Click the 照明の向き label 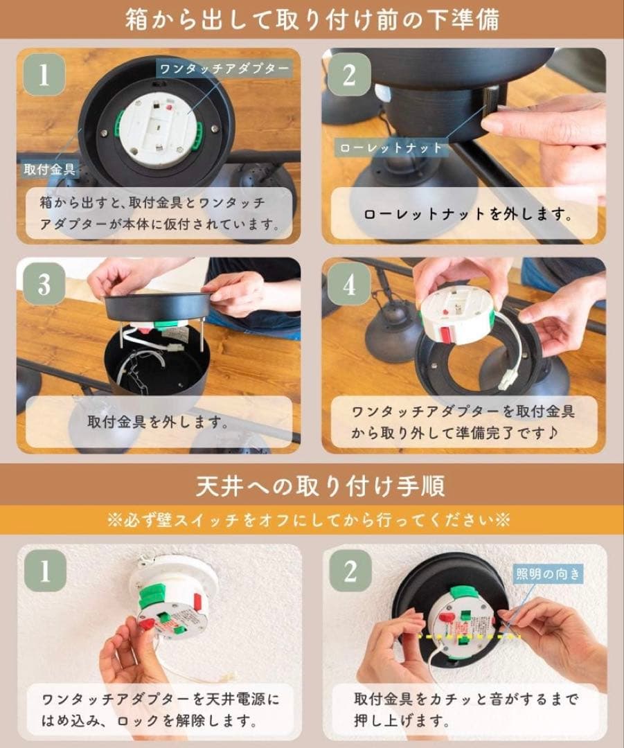(x=547, y=573)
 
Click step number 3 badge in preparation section (x=44, y=285)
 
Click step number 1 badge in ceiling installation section (x=44, y=571)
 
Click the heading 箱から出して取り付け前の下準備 (x=312, y=20)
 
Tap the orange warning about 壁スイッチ (x=312, y=520)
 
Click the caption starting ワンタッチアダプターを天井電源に (x=159, y=710)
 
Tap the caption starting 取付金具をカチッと (x=462, y=710)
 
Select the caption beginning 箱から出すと (x=159, y=213)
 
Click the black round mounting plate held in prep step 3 (x=158, y=305)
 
